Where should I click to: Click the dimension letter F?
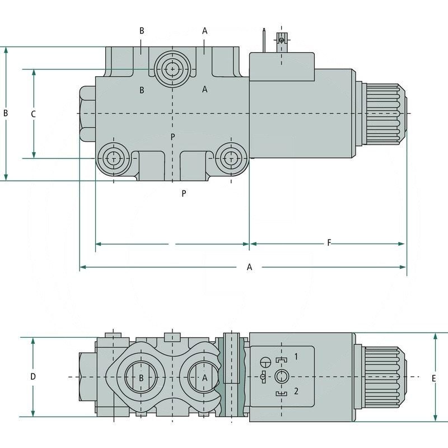tap(329, 242)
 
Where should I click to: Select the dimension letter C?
tap(33, 114)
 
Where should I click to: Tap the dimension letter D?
tap(33, 377)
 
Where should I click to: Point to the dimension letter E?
tap(434, 379)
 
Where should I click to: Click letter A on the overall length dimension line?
tap(250, 267)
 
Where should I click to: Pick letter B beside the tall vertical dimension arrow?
tap(6, 113)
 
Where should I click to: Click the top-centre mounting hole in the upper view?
tap(172, 69)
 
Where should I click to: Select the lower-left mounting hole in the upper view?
tap(114, 158)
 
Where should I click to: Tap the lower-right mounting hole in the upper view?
tap(230, 158)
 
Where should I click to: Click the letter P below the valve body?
tap(184, 193)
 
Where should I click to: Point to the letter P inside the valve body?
tap(173, 137)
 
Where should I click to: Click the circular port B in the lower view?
tap(141, 377)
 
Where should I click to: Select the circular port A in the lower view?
tap(204, 377)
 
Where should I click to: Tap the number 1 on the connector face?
tap(297, 356)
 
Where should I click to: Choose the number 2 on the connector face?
tap(297, 391)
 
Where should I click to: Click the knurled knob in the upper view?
tap(385, 114)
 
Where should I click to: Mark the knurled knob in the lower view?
tap(385, 377)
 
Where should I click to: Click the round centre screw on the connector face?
tap(281, 376)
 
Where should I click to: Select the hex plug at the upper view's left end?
tap(87, 114)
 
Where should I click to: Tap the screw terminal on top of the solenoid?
tap(282, 40)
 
